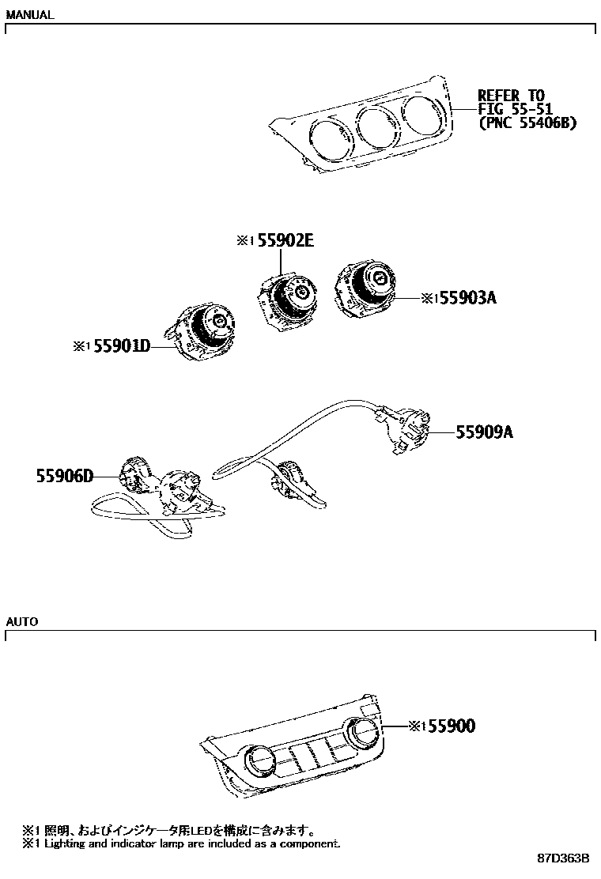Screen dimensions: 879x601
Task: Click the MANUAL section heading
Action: (x=30, y=14)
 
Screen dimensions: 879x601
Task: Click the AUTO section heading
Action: (x=22, y=621)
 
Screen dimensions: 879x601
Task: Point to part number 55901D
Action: (x=122, y=346)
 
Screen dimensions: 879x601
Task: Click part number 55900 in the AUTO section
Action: (x=452, y=726)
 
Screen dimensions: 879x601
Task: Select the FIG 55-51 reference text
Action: (x=515, y=109)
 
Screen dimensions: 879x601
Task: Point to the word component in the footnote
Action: (x=309, y=843)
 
